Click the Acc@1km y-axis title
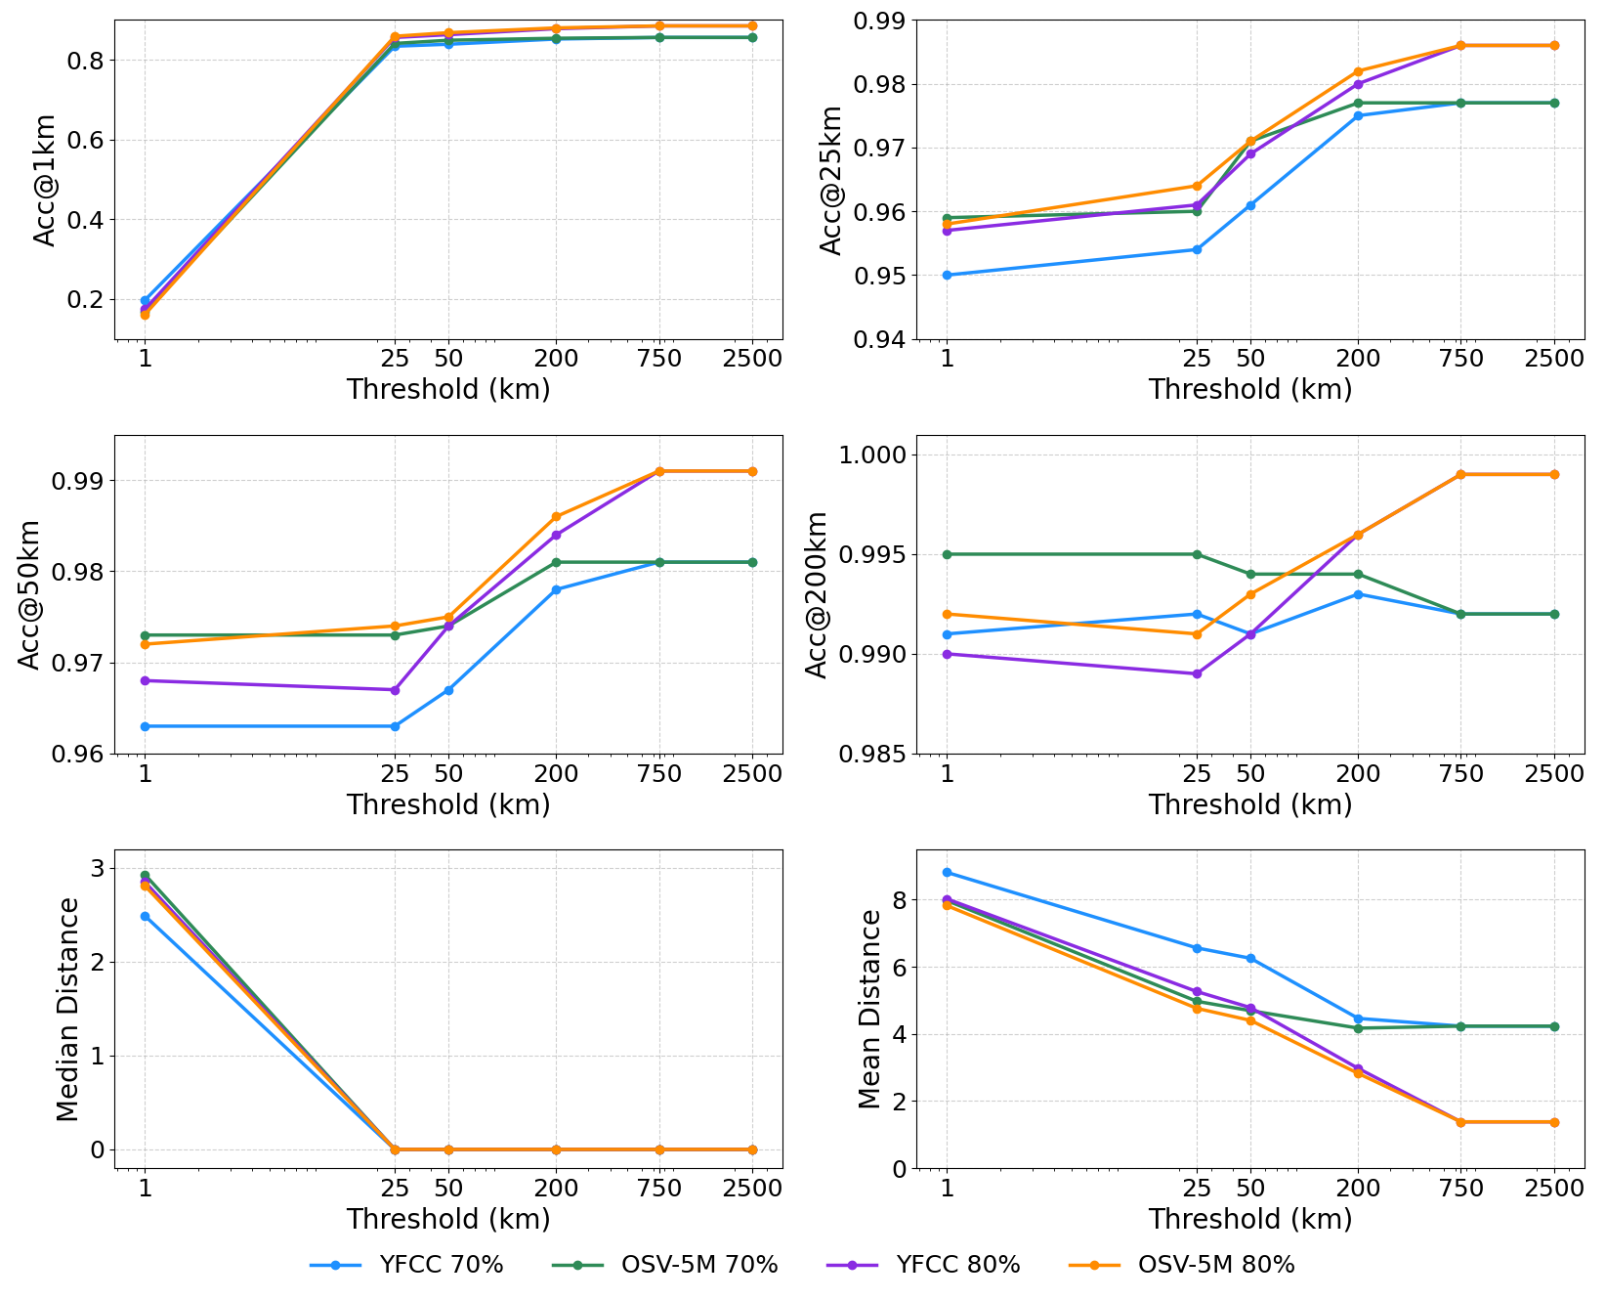[45, 180]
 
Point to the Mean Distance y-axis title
[869, 1009]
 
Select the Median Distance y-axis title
[67, 1009]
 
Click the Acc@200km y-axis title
[817, 594]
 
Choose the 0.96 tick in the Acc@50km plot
[82, 755]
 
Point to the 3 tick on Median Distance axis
[97, 868]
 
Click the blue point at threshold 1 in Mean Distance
[947, 872]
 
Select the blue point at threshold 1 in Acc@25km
[947, 276]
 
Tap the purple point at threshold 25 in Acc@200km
[1197, 673]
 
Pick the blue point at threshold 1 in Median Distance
[145, 916]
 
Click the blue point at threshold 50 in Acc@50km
[448, 690]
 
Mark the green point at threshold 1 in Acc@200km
[947, 554]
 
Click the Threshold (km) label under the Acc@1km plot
[448, 389]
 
